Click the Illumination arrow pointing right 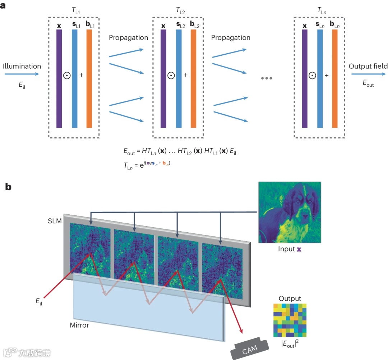click(22, 74)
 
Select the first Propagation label click(128, 37)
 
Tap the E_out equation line click(179, 152)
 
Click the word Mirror click(80, 325)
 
